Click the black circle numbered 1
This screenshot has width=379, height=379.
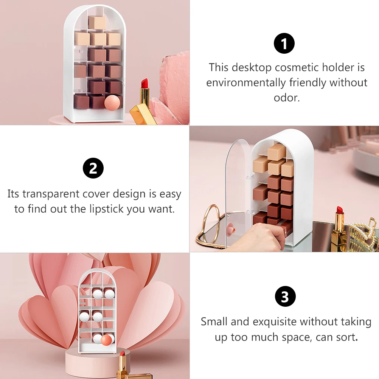[284, 43]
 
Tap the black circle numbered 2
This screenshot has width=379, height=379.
[93, 168]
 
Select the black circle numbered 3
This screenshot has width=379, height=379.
[285, 296]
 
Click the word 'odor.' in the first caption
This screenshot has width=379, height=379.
[287, 98]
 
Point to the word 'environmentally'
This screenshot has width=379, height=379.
[246, 83]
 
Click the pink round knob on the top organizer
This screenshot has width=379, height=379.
[112, 103]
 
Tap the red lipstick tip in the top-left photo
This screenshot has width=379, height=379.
[144, 83]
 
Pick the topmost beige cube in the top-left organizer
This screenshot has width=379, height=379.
[97, 23]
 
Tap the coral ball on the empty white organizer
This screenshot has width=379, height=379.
[106, 340]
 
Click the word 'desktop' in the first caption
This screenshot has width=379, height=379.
[252, 68]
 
